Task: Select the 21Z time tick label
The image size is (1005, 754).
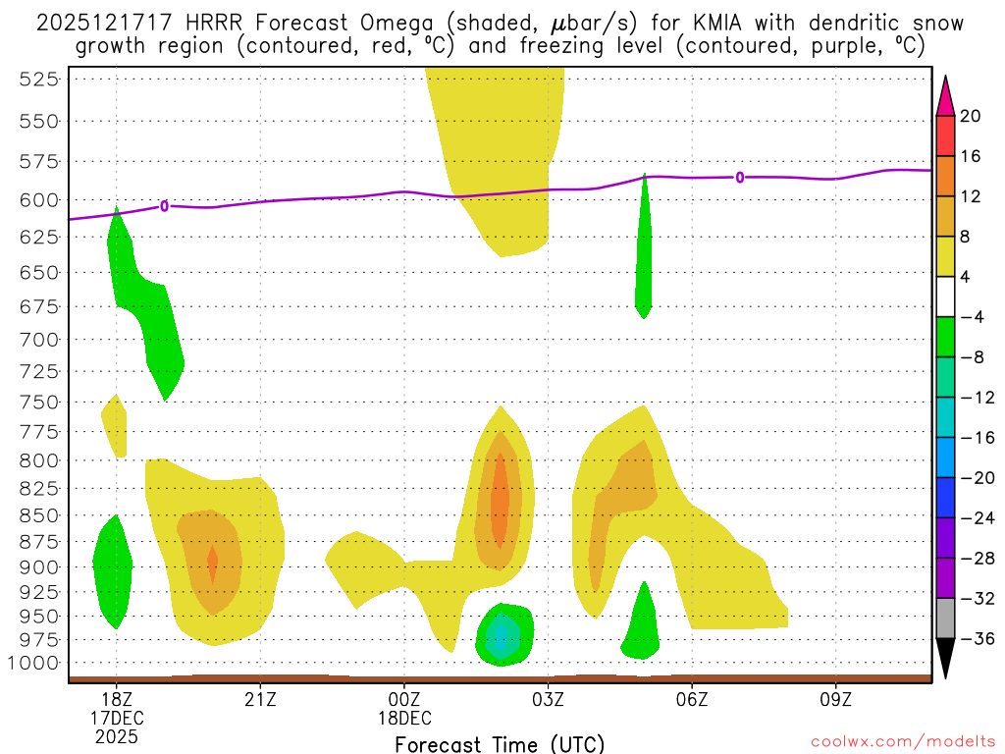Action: (260, 700)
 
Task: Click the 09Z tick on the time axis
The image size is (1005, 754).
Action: (836, 700)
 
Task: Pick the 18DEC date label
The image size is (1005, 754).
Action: (404, 718)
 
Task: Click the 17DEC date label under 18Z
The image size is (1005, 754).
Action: (117, 718)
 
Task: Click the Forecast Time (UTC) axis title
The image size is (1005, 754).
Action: (500, 743)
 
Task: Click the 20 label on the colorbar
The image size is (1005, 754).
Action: (971, 116)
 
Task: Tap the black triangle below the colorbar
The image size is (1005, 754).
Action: (945, 660)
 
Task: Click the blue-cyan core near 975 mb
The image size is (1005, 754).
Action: (502, 636)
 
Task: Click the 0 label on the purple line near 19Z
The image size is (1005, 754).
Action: (164, 205)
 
